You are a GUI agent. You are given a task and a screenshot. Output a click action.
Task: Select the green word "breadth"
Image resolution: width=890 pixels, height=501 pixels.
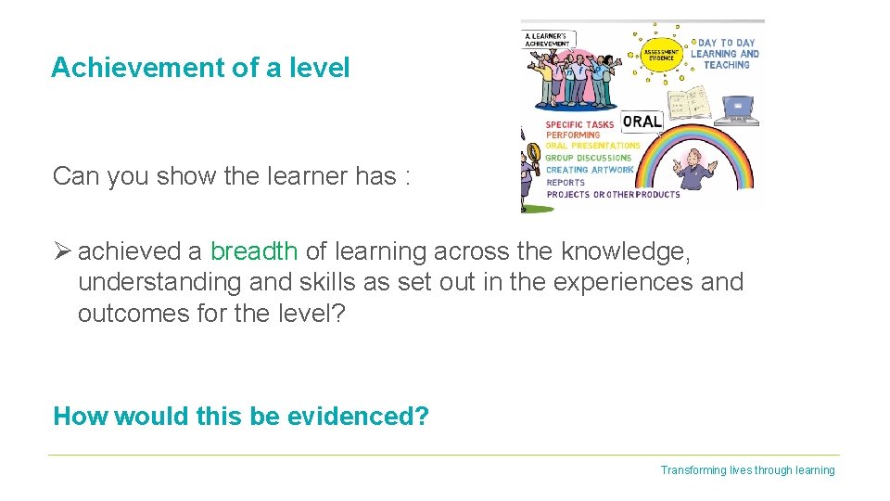(253, 251)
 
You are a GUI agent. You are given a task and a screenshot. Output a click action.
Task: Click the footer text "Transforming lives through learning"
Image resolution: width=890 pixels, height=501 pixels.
(747, 470)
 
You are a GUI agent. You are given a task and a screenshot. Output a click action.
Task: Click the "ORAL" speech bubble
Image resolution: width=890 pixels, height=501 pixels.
(642, 122)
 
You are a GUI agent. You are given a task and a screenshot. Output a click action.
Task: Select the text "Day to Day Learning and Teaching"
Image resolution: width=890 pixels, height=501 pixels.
(725, 54)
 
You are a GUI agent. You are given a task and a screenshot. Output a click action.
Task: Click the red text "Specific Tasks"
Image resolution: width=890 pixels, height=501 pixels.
(579, 124)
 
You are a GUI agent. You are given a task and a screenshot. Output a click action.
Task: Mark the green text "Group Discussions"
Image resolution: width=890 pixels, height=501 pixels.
(588, 158)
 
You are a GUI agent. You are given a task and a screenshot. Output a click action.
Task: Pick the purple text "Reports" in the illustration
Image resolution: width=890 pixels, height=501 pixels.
(566, 183)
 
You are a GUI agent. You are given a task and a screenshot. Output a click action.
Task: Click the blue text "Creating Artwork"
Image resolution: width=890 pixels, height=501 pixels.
(590, 170)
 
